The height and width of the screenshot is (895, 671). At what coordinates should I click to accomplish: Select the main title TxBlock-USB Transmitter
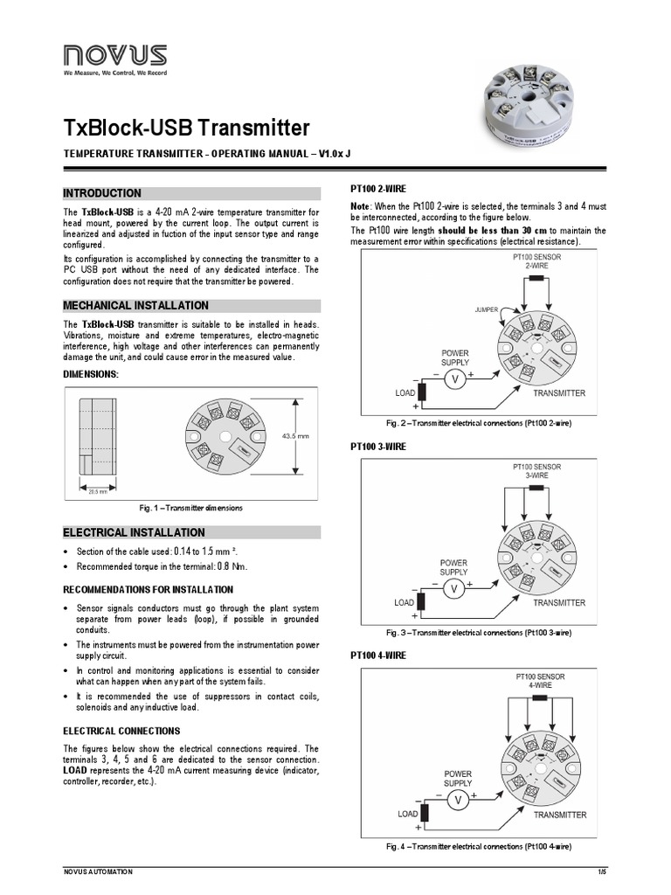click(x=186, y=128)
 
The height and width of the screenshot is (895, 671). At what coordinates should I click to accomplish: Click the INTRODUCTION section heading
click(x=102, y=193)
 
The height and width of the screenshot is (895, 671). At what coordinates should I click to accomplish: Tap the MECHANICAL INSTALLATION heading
click(x=135, y=306)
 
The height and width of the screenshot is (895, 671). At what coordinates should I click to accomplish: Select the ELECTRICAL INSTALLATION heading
click(x=134, y=532)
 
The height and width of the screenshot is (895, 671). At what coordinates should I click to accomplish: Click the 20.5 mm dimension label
click(x=97, y=491)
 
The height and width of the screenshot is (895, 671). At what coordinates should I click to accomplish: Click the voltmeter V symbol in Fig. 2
click(x=453, y=378)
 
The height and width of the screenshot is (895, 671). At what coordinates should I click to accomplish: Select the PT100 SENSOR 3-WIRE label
click(x=536, y=471)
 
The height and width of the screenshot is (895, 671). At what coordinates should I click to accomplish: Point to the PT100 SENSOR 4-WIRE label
click(x=539, y=681)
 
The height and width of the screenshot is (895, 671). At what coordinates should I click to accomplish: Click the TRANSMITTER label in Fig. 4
click(x=559, y=815)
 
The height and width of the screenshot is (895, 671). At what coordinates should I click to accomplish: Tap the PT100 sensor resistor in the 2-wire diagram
click(x=536, y=278)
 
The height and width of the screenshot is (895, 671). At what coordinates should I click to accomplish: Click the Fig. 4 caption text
click(x=479, y=846)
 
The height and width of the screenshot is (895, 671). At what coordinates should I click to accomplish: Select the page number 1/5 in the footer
click(x=602, y=871)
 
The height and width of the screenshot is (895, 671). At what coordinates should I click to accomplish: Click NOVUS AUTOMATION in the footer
click(x=98, y=871)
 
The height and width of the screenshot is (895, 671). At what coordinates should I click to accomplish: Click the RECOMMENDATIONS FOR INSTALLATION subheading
click(x=148, y=590)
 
